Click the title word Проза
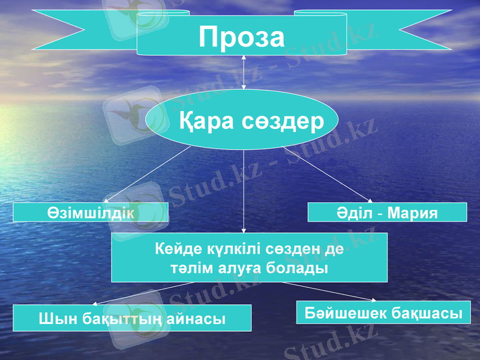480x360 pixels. click(x=242, y=37)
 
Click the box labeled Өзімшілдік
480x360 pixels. click(x=90, y=212)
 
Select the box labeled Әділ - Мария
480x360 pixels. click(x=387, y=212)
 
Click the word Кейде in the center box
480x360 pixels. click(x=175, y=248)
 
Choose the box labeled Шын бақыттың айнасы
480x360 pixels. click(x=132, y=318)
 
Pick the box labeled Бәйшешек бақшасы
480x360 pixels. click(x=383, y=313)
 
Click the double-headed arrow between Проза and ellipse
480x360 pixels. click(x=244, y=72)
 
